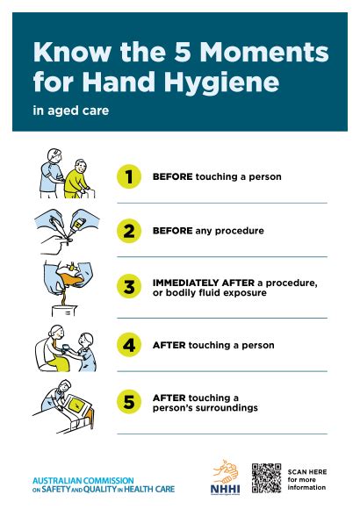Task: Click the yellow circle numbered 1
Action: [129, 176]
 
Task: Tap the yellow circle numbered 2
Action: [129, 231]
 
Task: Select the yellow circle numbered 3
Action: [129, 287]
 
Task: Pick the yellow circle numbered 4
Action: [129, 345]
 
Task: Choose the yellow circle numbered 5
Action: [129, 402]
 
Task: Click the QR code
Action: [266, 478]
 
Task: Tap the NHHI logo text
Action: [225, 489]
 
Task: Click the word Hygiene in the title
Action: [221, 82]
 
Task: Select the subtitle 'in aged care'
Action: [71, 111]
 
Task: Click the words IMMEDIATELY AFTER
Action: [204, 283]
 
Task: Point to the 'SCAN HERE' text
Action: [307, 471]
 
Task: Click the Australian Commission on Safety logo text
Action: [104, 485]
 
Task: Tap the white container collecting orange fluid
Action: [64, 311]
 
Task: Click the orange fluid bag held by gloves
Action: [69, 277]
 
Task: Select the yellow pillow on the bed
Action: [76, 405]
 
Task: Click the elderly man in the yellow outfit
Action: [77, 178]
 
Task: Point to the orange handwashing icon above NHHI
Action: [226, 471]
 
